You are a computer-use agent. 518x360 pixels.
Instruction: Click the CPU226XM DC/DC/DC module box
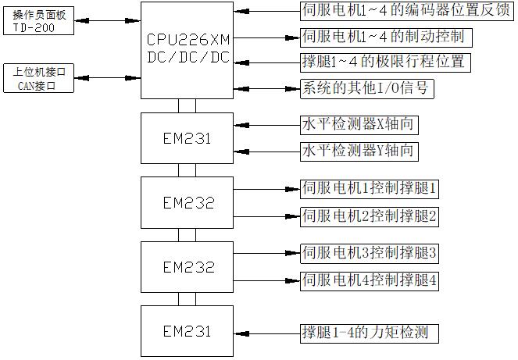pos(188,49)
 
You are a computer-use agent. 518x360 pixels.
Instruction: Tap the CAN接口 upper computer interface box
pos(38,80)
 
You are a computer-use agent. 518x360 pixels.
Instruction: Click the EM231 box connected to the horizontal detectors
pos(188,138)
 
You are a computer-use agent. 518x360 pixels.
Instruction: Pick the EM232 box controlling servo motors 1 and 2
pos(188,202)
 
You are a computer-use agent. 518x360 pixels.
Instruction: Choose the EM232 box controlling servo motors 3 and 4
pos(188,266)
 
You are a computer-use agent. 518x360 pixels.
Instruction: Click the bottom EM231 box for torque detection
pos(188,331)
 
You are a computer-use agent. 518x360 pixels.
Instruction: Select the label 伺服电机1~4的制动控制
pos(386,37)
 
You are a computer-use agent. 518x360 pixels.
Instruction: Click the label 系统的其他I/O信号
pos(366,88)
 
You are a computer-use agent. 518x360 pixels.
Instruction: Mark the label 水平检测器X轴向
pos(357,124)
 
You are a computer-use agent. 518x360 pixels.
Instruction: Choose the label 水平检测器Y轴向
pos(357,151)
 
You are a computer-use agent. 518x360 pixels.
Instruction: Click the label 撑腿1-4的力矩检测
pos(366,333)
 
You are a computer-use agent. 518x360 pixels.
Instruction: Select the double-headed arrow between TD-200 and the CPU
pos(108,20)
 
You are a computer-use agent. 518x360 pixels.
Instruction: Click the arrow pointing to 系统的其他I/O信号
pos(266,87)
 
